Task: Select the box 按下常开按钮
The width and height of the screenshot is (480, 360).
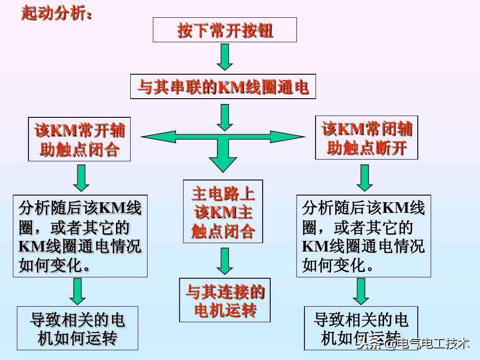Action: pos(224,30)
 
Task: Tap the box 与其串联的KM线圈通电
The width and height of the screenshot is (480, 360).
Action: pos(223,86)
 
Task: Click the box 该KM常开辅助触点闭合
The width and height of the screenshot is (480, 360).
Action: pos(80,139)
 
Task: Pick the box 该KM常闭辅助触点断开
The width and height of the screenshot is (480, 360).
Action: pos(366,137)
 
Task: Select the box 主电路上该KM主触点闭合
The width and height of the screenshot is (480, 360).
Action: pos(223,212)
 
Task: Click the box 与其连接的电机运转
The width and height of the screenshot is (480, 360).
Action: pos(224,300)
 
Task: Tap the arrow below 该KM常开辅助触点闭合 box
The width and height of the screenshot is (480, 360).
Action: pos(81,177)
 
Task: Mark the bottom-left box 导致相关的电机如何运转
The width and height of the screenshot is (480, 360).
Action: pos(77,328)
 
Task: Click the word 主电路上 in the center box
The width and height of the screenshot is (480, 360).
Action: pos(223,194)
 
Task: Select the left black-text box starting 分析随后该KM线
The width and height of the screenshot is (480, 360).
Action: pos(80,236)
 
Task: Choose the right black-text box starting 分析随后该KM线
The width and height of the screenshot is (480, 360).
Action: pos(364,236)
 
